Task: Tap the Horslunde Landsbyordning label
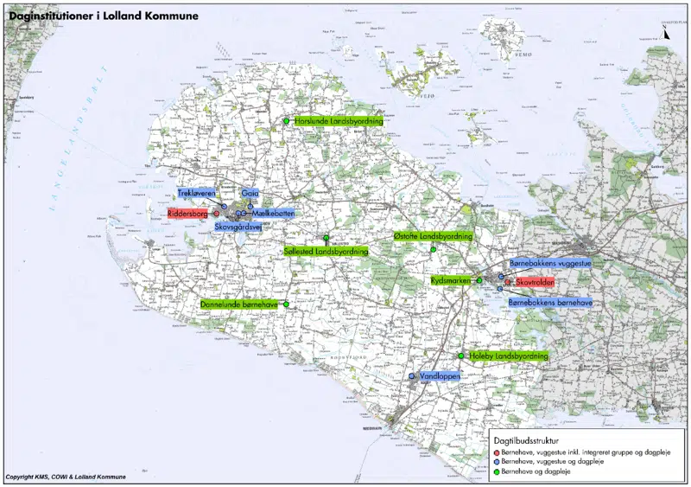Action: tap(338, 121)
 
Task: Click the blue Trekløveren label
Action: tap(197, 193)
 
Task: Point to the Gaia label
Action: tap(250, 193)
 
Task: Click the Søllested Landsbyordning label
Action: tap(326, 251)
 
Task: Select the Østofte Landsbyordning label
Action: tap(433, 236)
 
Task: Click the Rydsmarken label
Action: tap(450, 281)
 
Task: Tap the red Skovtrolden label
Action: tap(534, 283)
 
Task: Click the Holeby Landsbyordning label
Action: tap(508, 356)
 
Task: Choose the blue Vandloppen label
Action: tap(437, 377)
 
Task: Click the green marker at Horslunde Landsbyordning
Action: tap(286, 121)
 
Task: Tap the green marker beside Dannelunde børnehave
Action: tap(286, 304)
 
